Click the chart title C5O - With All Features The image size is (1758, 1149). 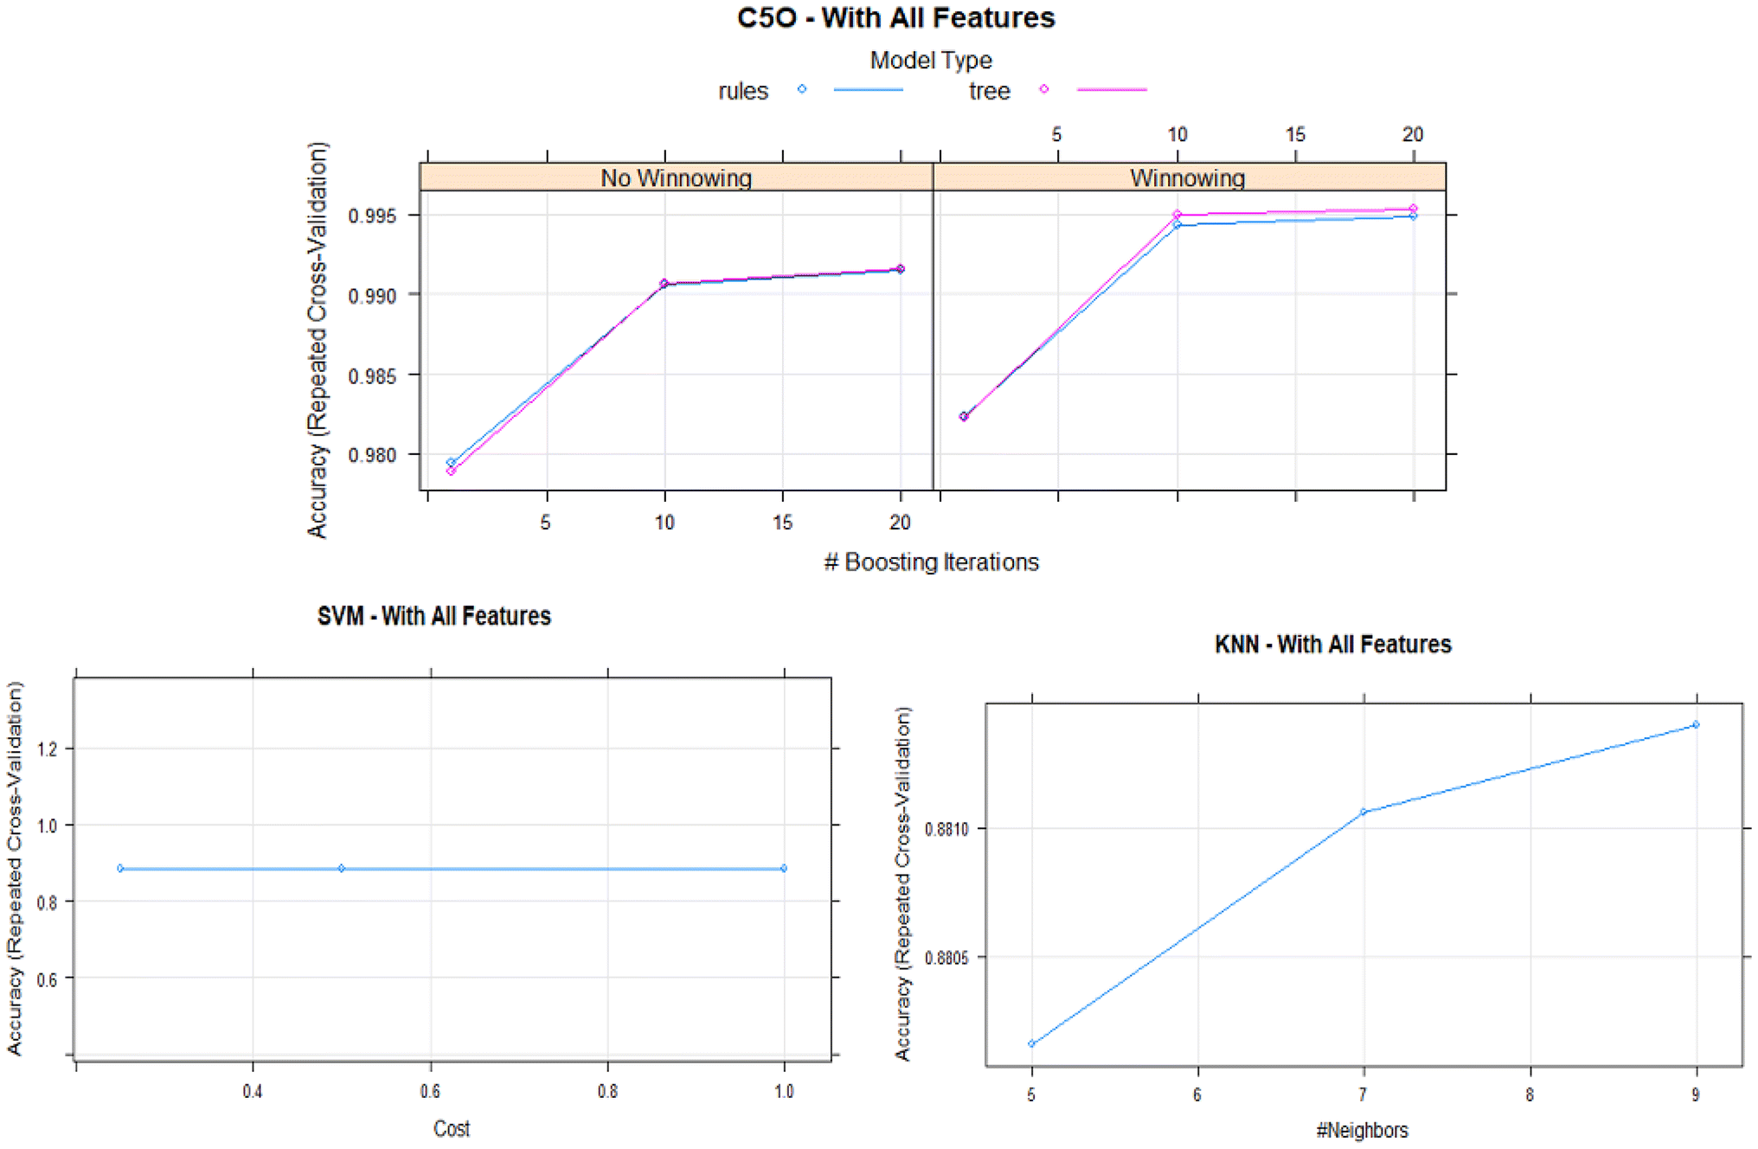[x=895, y=18]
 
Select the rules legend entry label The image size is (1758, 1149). [x=742, y=92]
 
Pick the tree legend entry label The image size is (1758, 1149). [x=989, y=92]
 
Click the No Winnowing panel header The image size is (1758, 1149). [x=676, y=178]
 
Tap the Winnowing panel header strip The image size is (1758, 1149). [x=1187, y=178]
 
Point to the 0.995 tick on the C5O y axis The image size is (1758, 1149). [x=372, y=215]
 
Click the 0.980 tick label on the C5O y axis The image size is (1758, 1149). [x=372, y=455]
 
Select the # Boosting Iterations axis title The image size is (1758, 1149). [x=931, y=562]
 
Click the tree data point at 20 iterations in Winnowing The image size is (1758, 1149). [x=1413, y=209]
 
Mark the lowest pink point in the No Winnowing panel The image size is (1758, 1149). [x=451, y=471]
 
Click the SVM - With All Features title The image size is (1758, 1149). [x=433, y=616]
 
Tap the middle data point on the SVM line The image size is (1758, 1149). [x=341, y=868]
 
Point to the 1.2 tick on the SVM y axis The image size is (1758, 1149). [x=48, y=749]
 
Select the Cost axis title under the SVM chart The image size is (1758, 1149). [x=451, y=1128]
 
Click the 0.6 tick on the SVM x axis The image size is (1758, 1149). [x=430, y=1092]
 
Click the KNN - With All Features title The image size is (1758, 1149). [x=1332, y=645]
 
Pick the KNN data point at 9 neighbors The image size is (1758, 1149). [x=1696, y=725]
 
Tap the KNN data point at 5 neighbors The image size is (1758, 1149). [x=1031, y=1043]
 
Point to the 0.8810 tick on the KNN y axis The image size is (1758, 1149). [x=946, y=830]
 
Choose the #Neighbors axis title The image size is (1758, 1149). [x=1362, y=1130]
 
